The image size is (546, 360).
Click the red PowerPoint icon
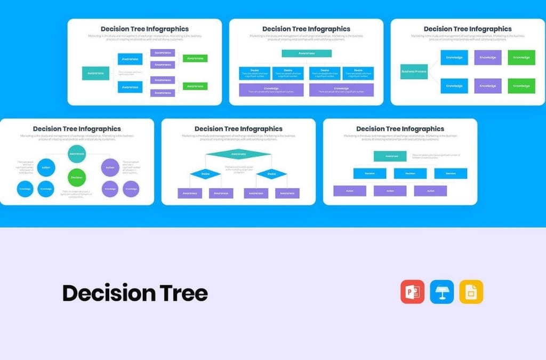412,292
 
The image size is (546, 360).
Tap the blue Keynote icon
441,292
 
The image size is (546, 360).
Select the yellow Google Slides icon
471,292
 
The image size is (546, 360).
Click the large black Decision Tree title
135,293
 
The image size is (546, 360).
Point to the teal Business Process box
414,71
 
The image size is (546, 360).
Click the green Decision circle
77,178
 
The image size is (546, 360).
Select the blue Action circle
46,167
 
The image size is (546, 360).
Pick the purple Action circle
110,167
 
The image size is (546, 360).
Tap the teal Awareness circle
77,154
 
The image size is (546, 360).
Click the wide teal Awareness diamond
238,154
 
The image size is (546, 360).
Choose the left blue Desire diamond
205,174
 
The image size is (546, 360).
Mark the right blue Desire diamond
271,174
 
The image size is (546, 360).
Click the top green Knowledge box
521,58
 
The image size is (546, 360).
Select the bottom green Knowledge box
521,86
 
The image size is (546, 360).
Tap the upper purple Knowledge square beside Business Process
488,58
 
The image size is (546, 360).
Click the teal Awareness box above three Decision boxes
390,156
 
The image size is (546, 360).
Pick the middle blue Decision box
410,173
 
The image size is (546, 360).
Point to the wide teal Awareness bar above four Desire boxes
307,53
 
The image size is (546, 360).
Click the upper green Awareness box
195,58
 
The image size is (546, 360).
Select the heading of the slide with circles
77,129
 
